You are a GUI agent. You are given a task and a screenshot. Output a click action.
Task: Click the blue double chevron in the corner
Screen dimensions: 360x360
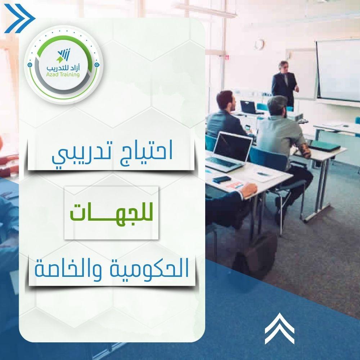click(19, 18)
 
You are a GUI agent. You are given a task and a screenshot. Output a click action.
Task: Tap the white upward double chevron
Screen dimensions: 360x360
click(279, 328)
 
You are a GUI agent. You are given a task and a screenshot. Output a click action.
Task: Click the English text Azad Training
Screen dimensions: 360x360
click(63, 75)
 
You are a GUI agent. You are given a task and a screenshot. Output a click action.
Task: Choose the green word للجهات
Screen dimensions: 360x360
click(111, 213)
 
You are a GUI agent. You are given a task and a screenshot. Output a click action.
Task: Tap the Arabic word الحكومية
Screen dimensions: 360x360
click(150, 268)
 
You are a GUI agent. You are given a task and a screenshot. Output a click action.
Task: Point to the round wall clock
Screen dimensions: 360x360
click(260, 44)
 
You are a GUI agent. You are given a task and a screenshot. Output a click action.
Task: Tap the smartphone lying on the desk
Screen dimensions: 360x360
click(221, 179)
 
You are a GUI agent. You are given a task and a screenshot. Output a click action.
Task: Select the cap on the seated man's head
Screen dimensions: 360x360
click(277, 102)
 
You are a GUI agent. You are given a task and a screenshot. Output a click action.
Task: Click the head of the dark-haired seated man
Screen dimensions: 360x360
click(225, 101)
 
